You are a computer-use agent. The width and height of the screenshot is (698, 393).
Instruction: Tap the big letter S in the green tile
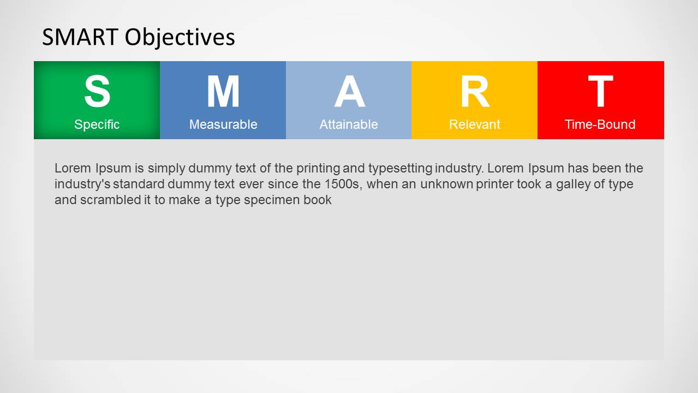(97, 92)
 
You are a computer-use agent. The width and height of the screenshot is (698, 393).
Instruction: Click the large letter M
(223, 92)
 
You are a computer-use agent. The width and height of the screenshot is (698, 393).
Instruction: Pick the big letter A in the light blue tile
(349, 92)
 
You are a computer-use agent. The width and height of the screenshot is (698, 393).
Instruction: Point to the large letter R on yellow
(474, 92)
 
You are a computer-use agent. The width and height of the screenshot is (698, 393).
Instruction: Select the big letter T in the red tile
(600, 92)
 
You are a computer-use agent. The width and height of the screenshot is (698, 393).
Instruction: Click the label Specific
(97, 124)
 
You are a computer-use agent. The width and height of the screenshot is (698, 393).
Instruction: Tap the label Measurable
(223, 124)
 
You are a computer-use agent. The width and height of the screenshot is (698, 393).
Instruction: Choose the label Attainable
(349, 124)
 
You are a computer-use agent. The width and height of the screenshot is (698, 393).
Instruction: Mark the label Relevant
(474, 124)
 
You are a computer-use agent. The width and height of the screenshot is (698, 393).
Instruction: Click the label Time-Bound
(600, 124)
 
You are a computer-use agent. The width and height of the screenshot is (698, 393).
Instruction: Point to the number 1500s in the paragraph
(344, 184)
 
